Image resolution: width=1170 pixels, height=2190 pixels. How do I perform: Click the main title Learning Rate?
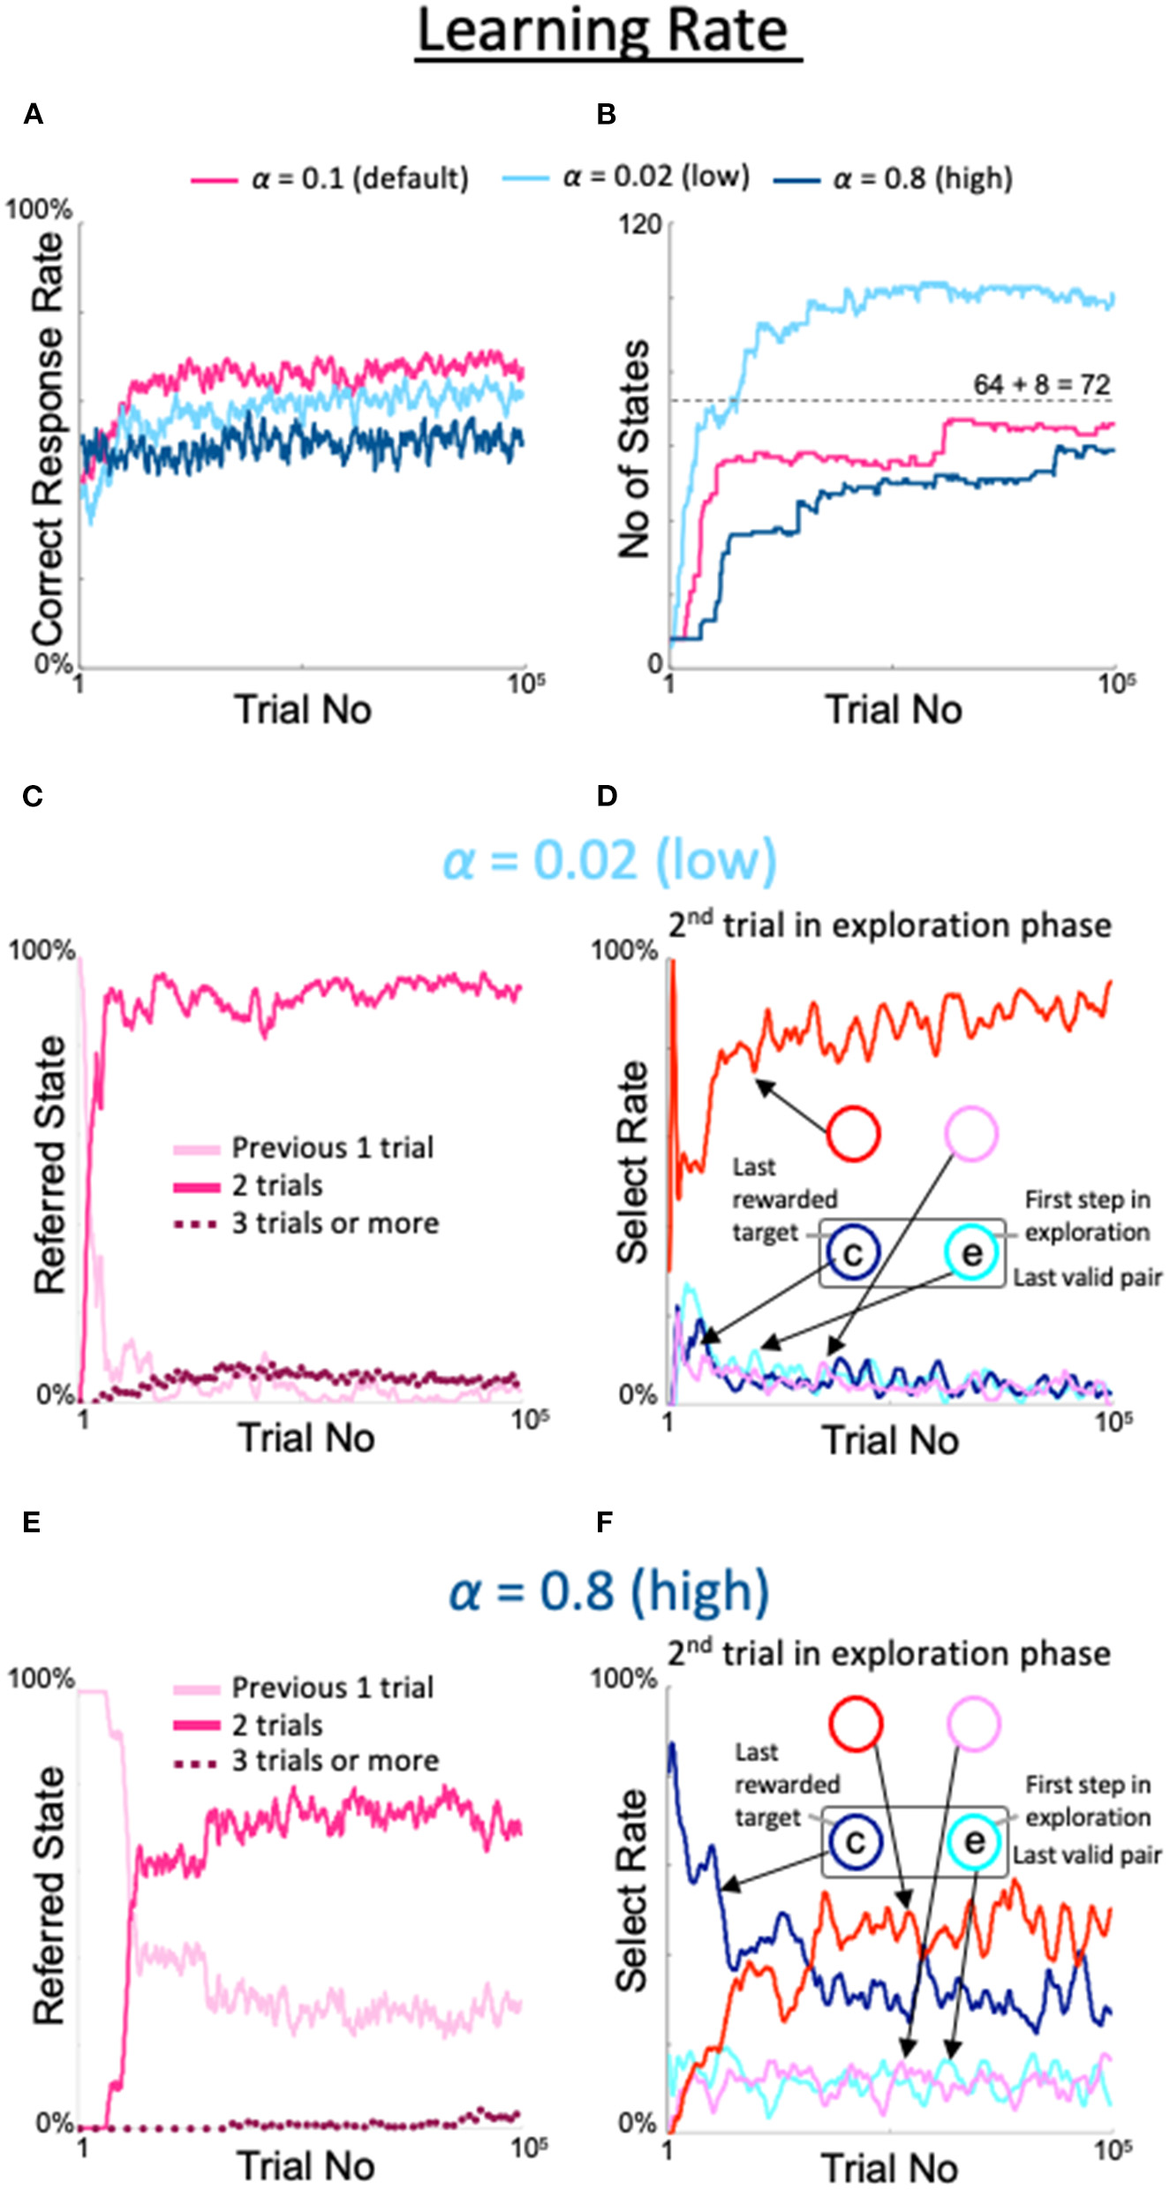[x=608, y=32]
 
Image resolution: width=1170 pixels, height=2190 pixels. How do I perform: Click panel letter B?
[x=606, y=114]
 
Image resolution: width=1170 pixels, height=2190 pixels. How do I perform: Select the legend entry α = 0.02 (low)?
[x=655, y=177]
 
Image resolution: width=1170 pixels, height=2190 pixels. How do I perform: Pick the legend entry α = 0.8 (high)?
[x=922, y=179]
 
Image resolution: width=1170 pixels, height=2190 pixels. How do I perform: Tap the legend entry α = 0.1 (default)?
[x=359, y=179]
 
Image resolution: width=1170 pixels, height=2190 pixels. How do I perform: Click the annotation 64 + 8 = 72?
[x=1041, y=385]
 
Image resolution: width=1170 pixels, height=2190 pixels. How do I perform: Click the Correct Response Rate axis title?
[x=49, y=439]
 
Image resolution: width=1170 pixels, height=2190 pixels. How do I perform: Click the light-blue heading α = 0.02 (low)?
[x=608, y=860]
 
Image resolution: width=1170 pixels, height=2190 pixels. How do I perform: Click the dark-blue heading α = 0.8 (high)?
[x=608, y=1590]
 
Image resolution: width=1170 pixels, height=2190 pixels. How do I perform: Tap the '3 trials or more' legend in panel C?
[x=335, y=1224]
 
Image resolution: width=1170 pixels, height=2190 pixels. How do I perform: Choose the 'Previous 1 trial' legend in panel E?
[x=332, y=1688]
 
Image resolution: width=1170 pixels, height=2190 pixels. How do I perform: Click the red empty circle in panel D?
[x=853, y=1133]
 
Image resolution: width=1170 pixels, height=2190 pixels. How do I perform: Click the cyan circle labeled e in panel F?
[x=974, y=1843]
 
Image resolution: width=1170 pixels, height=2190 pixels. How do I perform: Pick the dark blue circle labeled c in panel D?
[x=853, y=1254]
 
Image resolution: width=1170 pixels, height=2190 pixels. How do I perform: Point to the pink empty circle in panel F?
[x=973, y=1723]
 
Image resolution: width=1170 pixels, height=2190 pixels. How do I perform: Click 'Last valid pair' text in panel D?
[x=1087, y=1278]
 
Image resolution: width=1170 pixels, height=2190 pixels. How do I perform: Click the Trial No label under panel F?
[x=889, y=2169]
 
